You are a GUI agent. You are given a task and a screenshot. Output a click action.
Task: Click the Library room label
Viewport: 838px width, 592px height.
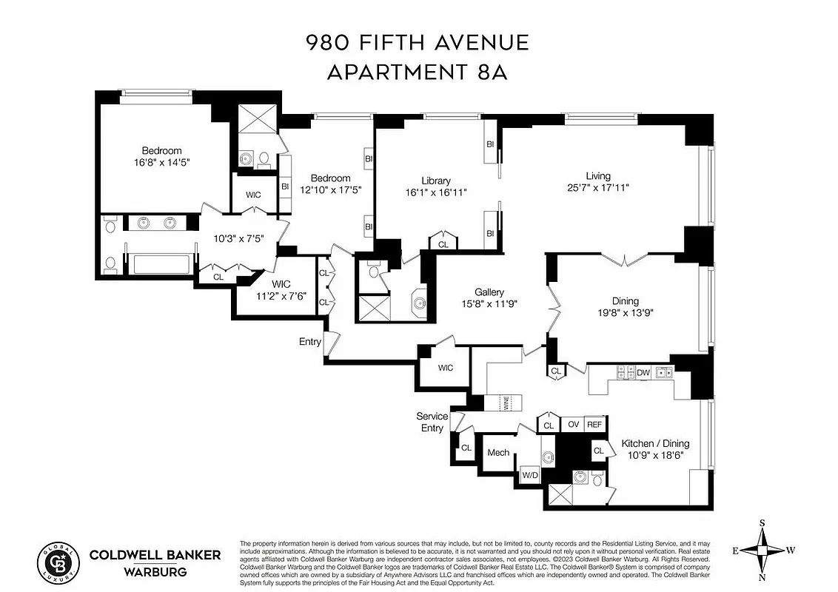(x=436, y=181)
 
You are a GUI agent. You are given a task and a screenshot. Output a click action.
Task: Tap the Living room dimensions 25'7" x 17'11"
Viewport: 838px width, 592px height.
(x=598, y=188)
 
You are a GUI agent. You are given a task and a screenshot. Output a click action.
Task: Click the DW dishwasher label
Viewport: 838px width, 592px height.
(x=643, y=373)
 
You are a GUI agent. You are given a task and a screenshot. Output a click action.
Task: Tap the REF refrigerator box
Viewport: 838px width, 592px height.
(x=594, y=424)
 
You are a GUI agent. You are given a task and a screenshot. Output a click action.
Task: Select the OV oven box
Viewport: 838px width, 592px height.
(x=573, y=424)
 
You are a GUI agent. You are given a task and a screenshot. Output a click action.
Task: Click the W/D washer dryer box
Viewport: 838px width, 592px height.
(x=530, y=474)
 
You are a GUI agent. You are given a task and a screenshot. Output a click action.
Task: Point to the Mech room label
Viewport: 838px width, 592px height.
(x=497, y=452)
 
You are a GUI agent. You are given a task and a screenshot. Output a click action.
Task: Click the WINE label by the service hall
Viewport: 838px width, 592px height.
(x=506, y=403)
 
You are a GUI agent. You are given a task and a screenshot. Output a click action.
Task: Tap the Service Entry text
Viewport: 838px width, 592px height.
(x=432, y=422)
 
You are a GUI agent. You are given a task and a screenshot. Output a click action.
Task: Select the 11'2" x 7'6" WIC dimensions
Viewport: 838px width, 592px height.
(x=281, y=296)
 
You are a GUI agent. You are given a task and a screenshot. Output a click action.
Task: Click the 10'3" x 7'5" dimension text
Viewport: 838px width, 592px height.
(x=238, y=238)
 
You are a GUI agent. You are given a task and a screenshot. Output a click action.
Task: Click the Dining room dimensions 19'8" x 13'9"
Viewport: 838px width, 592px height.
(x=625, y=313)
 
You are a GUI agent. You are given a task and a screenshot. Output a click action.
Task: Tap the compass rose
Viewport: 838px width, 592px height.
(x=762, y=550)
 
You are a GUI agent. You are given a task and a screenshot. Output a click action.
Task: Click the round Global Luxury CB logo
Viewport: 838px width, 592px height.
(x=59, y=562)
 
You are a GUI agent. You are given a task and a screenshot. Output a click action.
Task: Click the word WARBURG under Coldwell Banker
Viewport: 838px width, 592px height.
(x=155, y=571)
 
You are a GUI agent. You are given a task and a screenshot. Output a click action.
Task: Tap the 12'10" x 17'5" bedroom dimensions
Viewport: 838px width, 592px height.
(x=330, y=189)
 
